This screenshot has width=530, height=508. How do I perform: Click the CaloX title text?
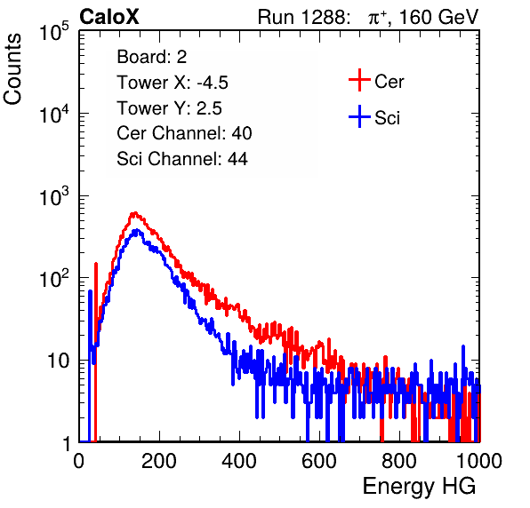tap(108, 17)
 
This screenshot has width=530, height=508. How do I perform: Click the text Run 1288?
tap(303, 17)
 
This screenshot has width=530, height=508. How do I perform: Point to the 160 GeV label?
tap(438, 17)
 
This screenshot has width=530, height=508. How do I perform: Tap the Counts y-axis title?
tap(12, 68)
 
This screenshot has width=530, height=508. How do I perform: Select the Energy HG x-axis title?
tap(419, 487)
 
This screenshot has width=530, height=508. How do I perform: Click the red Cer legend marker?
tap(359, 80)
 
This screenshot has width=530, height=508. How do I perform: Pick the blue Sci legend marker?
tap(359, 116)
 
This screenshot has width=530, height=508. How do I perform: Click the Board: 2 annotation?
tap(152, 57)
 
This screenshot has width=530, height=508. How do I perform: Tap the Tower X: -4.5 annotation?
tap(173, 83)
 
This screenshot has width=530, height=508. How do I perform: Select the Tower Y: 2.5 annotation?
tap(169, 108)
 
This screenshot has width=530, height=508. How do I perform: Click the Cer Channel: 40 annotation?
tap(184, 133)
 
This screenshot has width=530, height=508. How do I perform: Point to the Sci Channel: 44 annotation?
tap(182, 159)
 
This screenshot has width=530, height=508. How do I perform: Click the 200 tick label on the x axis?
tap(159, 461)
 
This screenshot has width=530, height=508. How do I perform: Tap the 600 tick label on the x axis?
tap(319, 461)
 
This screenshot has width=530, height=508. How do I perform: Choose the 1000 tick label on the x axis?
tap(479, 461)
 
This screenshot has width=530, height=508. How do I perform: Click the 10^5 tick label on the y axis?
tap(54, 32)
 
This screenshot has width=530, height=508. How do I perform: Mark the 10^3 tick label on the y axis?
tap(54, 197)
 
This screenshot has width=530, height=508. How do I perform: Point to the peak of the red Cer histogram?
tap(134, 213)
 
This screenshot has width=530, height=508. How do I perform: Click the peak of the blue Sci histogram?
tap(137, 230)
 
